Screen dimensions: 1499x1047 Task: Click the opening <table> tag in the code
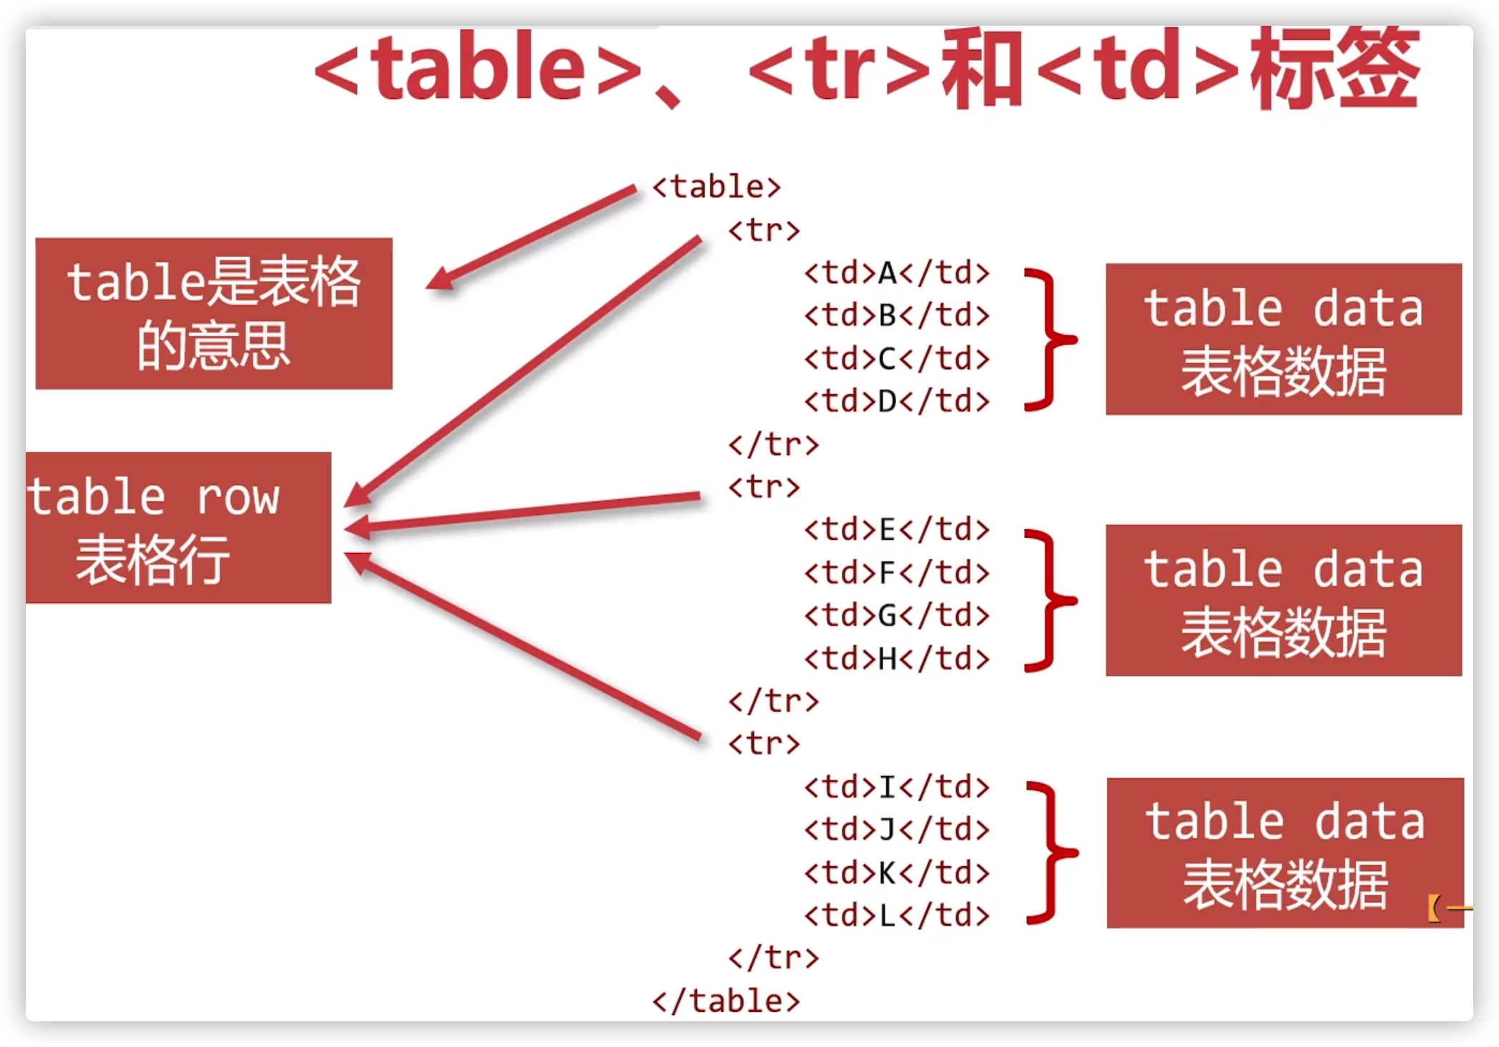tap(717, 187)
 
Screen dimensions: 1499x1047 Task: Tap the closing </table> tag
tap(726, 1001)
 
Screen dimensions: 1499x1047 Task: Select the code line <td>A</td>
tap(897, 273)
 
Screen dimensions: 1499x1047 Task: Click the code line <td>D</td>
tap(897, 401)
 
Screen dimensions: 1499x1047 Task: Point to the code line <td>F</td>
tap(897, 573)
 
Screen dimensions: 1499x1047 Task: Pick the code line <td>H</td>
tap(897, 659)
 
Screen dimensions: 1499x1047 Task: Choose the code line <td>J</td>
tap(897, 830)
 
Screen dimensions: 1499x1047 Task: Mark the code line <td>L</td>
tap(897, 915)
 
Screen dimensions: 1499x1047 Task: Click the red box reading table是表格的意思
tap(214, 314)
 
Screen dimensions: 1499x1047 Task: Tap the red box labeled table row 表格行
tap(178, 528)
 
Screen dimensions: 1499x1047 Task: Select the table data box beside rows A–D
tap(1284, 339)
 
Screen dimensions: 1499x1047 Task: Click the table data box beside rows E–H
tap(1284, 600)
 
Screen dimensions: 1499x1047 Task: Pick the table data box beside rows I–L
tap(1285, 853)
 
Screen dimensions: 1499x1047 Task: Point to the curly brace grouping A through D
tap(1048, 340)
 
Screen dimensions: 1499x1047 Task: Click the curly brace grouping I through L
tap(1050, 852)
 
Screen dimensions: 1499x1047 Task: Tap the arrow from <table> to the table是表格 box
tap(533, 237)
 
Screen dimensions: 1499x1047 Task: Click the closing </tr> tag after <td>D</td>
tap(774, 445)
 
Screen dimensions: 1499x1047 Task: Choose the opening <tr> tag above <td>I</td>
tap(764, 744)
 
